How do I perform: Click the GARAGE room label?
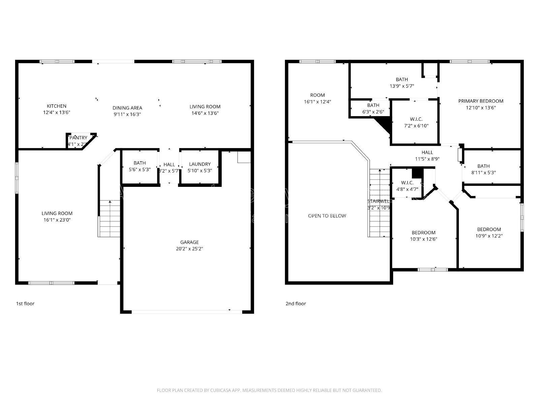click(x=189, y=242)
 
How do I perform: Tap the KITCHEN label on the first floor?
click(x=56, y=106)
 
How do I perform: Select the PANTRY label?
click(x=78, y=138)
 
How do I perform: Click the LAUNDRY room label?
click(x=199, y=164)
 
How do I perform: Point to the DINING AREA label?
click(x=127, y=108)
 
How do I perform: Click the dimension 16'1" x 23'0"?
click(x=57, y=220)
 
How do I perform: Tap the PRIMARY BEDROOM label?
click(x=481, y=101)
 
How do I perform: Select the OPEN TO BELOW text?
click(x=327, y=216)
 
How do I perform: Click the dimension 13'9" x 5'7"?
click(x=402, y=86)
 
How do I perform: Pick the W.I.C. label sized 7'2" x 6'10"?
click(x=416, y=119)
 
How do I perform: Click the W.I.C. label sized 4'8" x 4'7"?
click(x=407, y=182)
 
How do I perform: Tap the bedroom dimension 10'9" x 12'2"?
click(x=489, y=236)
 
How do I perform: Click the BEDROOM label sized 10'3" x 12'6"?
click(x=423, y=233)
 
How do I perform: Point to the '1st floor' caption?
click(x=25, y=303)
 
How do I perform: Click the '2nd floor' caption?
click(x=295, y=303)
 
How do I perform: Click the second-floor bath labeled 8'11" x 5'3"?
click(x=483, y=166)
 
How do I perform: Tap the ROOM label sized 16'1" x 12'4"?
click(x=317, y=95)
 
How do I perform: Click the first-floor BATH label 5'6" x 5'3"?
click(x=139, y=163)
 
